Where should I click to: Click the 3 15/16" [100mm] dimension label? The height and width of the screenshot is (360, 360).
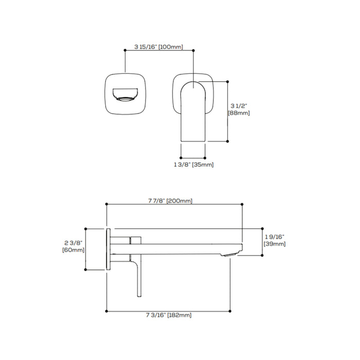pyautogui.click(x=158, y=47)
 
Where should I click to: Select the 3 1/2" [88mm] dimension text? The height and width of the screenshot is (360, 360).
pyautogui.click(x=239, y=110)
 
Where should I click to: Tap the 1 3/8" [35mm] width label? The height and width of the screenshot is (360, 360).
pyautogui.click(x=193, y=165)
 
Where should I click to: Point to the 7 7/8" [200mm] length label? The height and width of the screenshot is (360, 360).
pyautogui.click(x=170, y=201)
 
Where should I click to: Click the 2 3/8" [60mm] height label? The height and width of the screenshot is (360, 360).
pyautogui.click(x=73, y=246)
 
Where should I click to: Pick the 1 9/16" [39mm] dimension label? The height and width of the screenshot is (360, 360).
pyautogui.click(x=275, y=240)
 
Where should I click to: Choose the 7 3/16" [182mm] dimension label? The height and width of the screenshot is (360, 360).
pyautogui.click(x=169, y=315)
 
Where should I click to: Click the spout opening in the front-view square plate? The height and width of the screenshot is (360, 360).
pyautogui.click(x=125, y=94)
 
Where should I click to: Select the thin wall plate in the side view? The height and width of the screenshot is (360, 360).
pyautogui.click(x=109, y=249)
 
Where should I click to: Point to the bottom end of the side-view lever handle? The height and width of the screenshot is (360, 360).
pyautogui.click(x=139, y=296)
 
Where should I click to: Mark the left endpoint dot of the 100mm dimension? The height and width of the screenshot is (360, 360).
pyautogui.click(x=125, y=50)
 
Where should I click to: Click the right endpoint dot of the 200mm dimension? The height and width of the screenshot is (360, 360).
pyautogui.click(x=242, y=204)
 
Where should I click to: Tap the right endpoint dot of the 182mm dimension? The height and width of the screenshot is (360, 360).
pyautogui.click(x=230, y=311)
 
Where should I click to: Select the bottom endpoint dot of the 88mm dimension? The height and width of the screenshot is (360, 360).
pyautogui.click(x=227, y=141)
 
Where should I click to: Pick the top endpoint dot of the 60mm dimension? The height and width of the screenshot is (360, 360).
pyautogui.click(x=86, y=229)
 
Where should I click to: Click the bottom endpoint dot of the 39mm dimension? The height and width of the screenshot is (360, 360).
pyautogui.click(x=262, y=255)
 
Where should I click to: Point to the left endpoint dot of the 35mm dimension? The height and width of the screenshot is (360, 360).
pyautogui.click(x=181, y=158)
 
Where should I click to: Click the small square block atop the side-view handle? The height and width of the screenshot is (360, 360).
pyautogui.click(x=135, y=240)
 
